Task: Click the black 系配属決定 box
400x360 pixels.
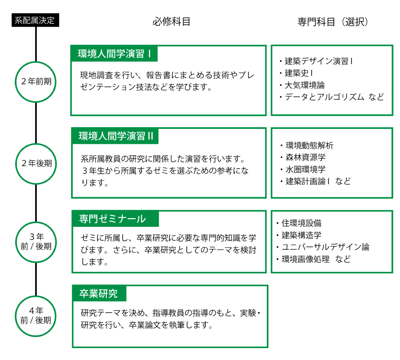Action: [35, 20]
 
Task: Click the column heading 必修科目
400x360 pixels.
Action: [171, 22]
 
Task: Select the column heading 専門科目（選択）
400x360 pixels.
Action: [333, 22]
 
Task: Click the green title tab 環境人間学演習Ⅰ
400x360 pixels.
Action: [114, 54]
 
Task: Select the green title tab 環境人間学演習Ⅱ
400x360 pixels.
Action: [115, 136]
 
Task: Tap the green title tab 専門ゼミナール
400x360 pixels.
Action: [116, 219]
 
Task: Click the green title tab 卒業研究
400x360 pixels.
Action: [99, 293]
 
